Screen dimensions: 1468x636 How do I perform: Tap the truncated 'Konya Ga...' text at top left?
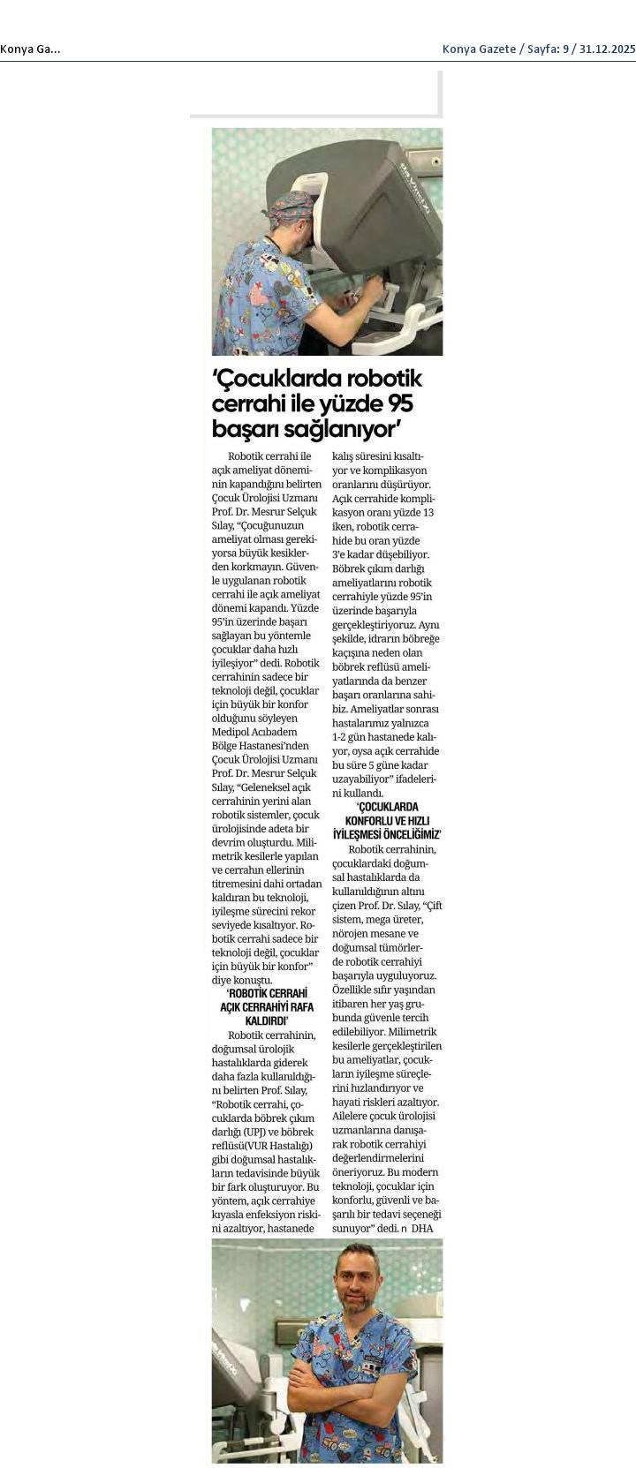tap(30, 49)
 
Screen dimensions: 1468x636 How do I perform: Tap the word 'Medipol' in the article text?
tap(232, 732)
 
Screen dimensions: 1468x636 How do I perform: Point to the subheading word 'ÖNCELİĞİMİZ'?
tap(408, 834)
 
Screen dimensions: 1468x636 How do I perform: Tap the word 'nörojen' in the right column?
tap(350, 934)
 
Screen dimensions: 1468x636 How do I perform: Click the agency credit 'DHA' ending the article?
tap(422, 1229)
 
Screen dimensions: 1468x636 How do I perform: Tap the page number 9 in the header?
tap(562, 49)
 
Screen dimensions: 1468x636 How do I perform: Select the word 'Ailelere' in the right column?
tap(351, 1117)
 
